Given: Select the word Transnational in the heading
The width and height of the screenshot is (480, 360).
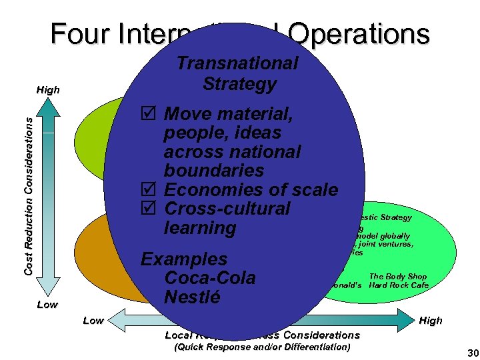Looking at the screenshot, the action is click(x=237, y=63).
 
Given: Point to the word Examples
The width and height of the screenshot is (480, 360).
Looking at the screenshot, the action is click(x=184, y=259).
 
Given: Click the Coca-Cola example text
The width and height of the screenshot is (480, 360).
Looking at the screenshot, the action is click(x=209, y=277).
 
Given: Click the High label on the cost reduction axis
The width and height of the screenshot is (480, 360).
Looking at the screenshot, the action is click(x=49, y=90).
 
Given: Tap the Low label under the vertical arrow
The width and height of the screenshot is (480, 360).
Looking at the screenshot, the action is click(x=47, y=305).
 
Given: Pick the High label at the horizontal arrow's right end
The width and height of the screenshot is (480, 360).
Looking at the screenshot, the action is click(x=431, y=321).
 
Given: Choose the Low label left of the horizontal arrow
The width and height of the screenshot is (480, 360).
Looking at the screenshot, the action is click(x=93, y=321).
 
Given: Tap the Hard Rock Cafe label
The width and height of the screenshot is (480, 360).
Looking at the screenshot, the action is click(x=399, y=285).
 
